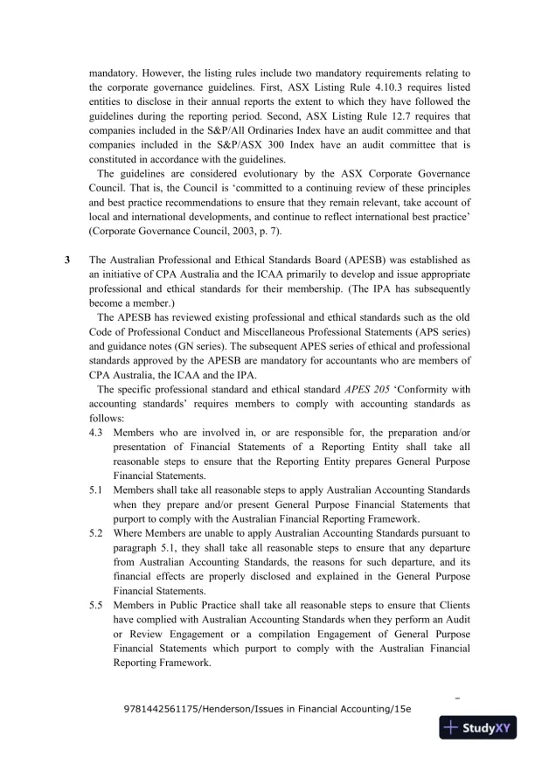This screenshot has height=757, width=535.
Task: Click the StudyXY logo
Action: pos(479,730)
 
